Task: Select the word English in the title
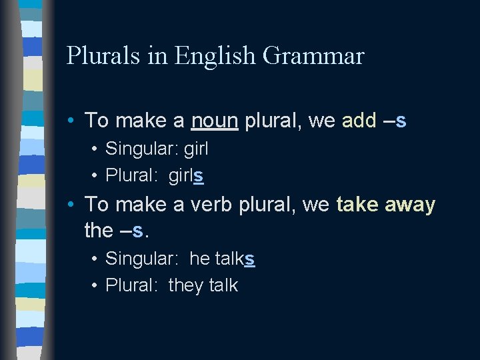pos(215,56)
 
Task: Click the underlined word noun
pos(214,121)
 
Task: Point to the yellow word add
pos(359,121)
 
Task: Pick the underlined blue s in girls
pos(199,175)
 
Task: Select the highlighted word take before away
pos(358,205)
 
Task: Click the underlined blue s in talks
pos(249,258)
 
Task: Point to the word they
pos(186,285)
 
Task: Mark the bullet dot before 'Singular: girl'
pos(95,149)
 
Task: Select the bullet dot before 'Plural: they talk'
pos(95,285)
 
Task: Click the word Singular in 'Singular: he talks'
pos(142,258)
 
